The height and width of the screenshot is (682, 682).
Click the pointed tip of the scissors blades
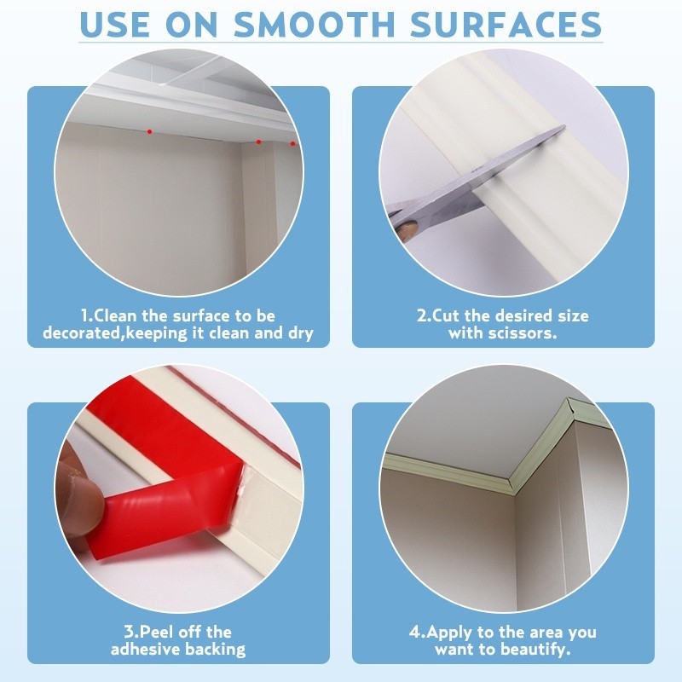pos(562,130)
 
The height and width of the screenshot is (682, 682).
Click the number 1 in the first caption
pos(84,316)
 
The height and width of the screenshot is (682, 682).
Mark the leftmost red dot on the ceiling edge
pos(149,131)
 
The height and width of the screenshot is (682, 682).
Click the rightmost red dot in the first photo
pos(292,142)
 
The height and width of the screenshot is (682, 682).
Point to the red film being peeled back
pos(170,503)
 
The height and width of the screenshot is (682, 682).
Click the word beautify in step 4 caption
pos(536,650)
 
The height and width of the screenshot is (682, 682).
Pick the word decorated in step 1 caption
pos(81,333)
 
